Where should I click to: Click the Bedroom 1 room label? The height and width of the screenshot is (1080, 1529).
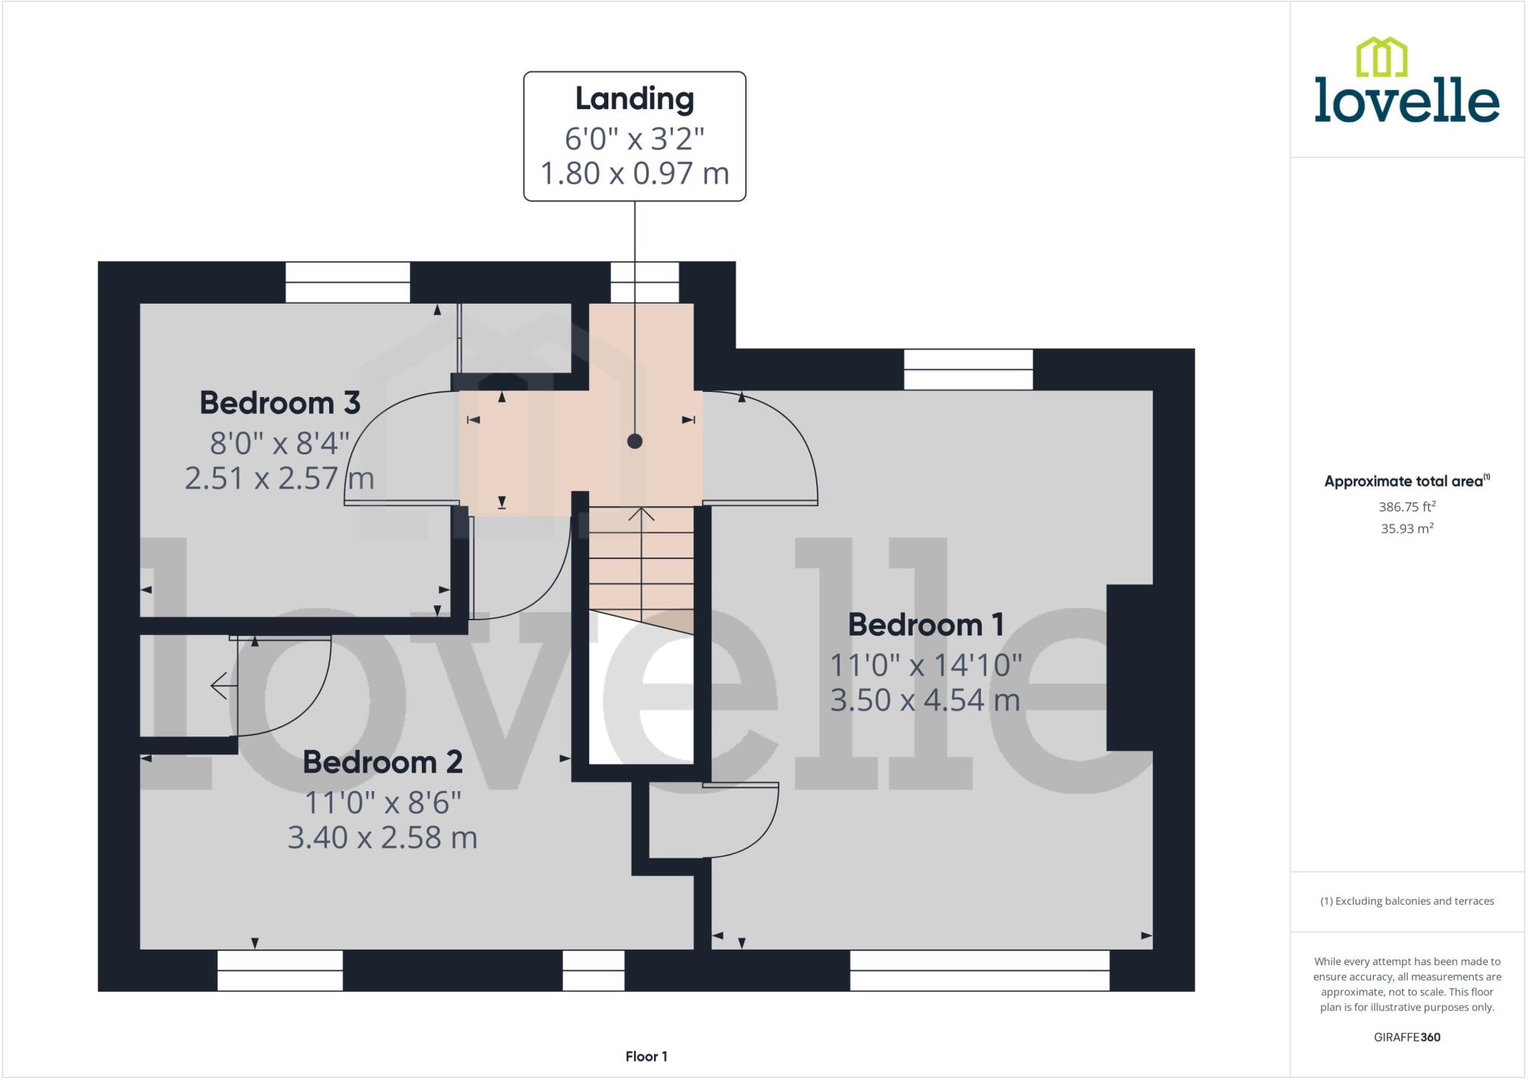click(x=925, y=625)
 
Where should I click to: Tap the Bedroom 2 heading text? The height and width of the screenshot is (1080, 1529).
click(x=382, y=762)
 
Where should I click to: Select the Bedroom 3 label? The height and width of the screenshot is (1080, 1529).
click(x=280, y=403)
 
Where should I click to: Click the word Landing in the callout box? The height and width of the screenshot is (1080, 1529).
click(x=634, y=99)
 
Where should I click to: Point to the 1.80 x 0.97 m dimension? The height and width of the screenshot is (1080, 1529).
click(x=634, y=174)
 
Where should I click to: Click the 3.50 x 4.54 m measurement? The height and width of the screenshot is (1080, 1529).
click(x=924, y=700)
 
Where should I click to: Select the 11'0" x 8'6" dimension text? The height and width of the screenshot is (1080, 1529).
click(x=382, y=803)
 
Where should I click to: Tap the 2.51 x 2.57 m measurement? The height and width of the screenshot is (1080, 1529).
click(x=279, y=478)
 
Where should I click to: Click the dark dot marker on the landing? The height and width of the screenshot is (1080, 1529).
click(x=635, y=441)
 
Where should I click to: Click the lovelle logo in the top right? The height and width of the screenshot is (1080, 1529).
click(x=1407, y=82)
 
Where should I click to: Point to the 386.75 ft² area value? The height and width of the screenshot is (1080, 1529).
click(x=1407, y=507)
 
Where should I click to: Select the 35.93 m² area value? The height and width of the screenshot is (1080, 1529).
click(x=1407, y=528)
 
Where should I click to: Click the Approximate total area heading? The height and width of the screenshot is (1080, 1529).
click(x=1406, y=481)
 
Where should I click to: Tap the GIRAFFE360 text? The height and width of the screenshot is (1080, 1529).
click(x=1407, y=1037)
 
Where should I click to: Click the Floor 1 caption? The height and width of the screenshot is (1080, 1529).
click(x=646, y=1056)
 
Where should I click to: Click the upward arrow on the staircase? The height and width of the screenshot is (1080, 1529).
click(x=641, y=515)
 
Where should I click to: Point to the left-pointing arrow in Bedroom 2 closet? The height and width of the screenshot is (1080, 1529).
click(x=219, y=685)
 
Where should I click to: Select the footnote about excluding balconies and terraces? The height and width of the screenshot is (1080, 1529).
click(x=1407, y=901)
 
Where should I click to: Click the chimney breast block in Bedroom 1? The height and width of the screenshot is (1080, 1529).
click(x=1130, y=667)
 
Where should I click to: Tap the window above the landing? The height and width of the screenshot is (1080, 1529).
click(x=644, y=282)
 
